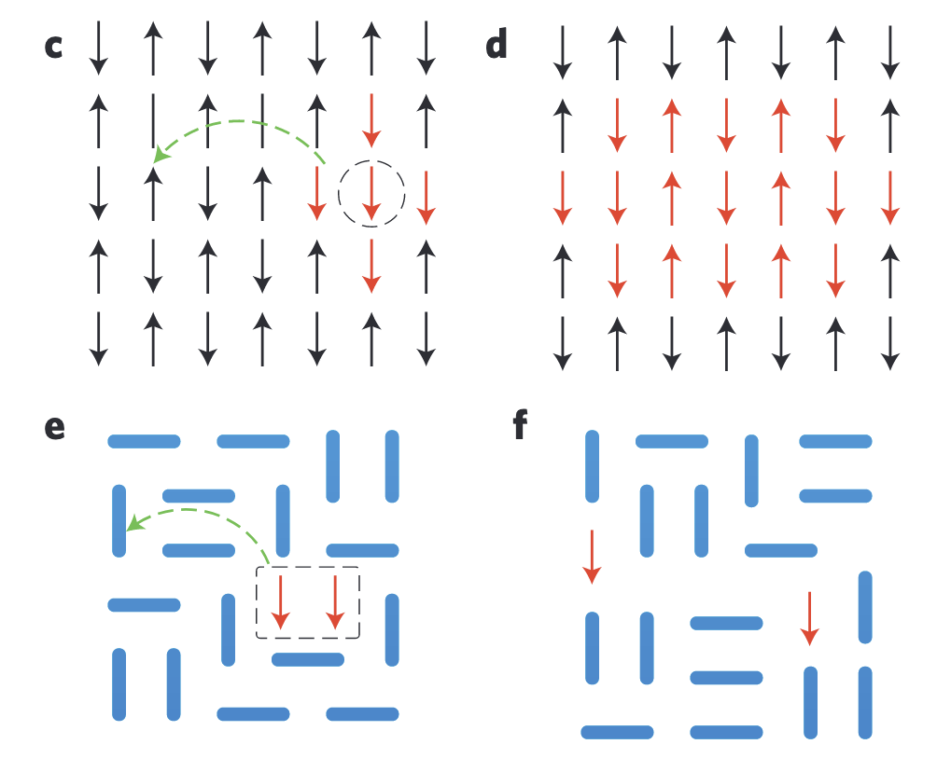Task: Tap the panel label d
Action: tap(496, 45)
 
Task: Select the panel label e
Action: tap(55, 427)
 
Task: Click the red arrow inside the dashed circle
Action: tap(371, 194)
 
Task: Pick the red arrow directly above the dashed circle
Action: tap(371, 119)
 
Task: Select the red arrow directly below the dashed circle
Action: tap(371, 266)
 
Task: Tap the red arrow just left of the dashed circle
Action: tap(317, 194)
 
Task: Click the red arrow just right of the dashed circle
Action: tap(427, 196)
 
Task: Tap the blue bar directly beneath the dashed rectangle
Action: tap(308, 660)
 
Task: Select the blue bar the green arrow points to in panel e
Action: tap(119, 521)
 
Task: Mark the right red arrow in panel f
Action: tap(809, 618)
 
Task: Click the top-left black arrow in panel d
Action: tap(562, 51)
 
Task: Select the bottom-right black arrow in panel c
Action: tap(427, 338)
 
